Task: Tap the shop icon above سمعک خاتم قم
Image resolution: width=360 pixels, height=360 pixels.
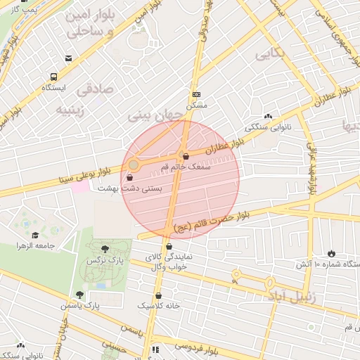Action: tap(186, 156)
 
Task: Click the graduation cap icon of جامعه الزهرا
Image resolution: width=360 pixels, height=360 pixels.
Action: tap(35, 235)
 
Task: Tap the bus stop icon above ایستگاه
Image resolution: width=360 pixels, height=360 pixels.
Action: tap(53, 77)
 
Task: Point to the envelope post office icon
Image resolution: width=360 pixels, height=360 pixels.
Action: tap(68, 59)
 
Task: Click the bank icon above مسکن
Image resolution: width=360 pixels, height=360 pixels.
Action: tap(196, 94)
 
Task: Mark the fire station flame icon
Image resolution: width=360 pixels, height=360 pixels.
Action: tap(331, 252)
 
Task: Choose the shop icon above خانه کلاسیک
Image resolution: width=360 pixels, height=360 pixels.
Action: tap(159, 295)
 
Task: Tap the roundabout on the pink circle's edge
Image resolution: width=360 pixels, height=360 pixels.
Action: tap(134, 165)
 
